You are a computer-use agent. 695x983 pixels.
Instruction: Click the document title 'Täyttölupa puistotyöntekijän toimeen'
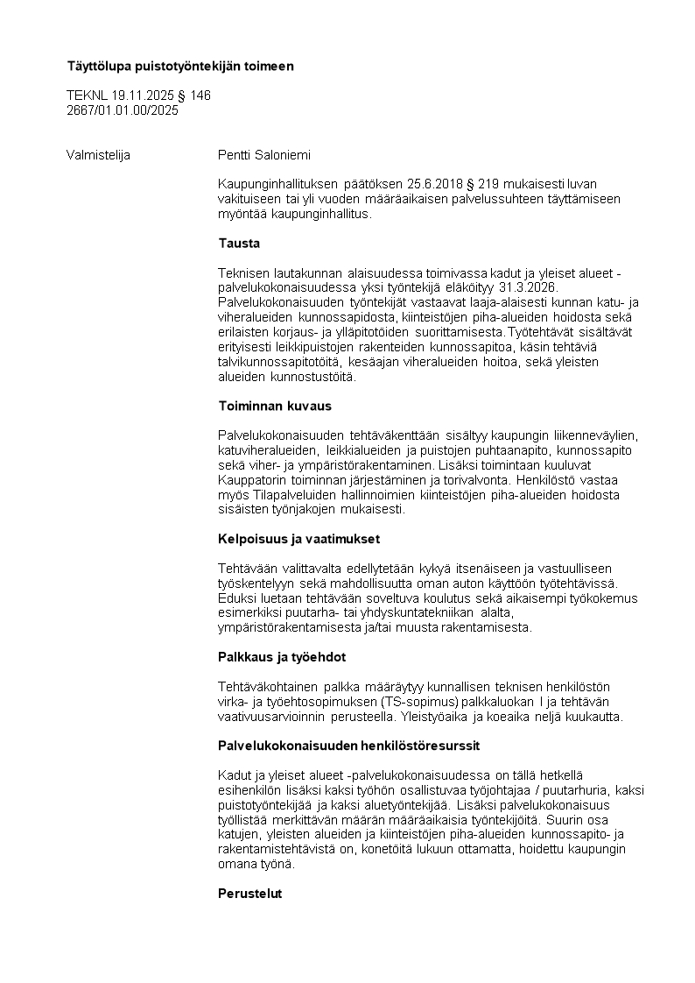click(180, 66)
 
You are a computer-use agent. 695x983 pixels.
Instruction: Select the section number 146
click(200, 95)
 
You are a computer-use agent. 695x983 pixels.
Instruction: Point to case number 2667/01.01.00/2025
click(123, 110)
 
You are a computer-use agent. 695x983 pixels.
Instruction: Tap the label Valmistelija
click(98, 156)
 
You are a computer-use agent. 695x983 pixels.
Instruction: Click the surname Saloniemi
click(281, 156)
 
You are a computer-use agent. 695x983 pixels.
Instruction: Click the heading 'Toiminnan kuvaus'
click(274, 407)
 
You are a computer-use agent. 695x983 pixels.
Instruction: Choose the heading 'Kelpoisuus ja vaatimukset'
click(298, 539)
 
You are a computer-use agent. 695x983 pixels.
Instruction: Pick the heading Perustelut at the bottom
click(249, 894)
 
